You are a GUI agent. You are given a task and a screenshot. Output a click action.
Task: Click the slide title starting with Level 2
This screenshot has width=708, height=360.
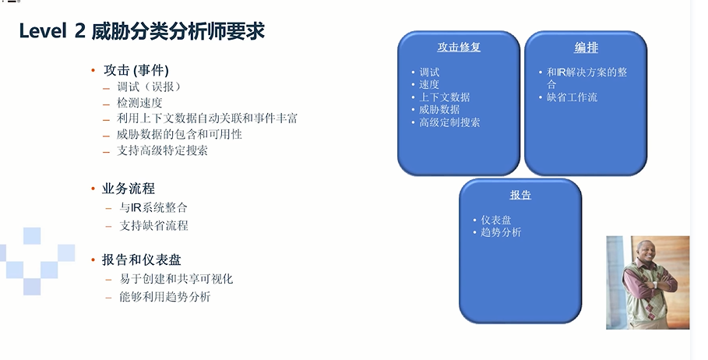click(142, 32)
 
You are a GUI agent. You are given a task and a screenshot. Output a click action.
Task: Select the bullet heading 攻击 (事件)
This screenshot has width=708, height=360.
click(136, 70)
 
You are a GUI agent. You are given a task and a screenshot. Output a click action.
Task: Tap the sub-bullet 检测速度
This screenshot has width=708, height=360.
click(139, 103)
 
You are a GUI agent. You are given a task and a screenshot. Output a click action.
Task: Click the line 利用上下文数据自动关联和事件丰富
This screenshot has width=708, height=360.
click(207, 118)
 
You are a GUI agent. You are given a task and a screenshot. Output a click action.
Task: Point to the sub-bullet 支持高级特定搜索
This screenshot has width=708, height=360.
click(162, 150)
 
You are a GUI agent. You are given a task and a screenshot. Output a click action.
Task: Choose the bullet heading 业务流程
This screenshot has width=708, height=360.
click(129, 189)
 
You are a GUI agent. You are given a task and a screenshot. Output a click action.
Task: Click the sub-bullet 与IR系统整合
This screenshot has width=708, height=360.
click(153, 208)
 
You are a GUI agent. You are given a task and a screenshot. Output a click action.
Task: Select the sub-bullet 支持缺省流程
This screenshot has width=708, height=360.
click(153, 225)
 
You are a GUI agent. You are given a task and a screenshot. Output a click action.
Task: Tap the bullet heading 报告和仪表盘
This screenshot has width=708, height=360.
click(142, 259)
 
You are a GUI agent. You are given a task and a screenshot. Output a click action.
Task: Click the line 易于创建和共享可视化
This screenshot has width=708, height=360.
click(176, 279)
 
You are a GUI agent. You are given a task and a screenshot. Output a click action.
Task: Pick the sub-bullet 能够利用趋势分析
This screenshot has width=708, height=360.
click(165, 297)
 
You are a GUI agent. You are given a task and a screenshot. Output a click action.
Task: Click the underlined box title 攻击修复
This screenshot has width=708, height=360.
click(459, 47)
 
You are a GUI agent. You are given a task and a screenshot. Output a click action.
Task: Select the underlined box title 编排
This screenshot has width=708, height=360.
click(586, 48)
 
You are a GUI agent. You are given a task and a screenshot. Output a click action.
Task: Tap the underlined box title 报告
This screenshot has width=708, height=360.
click(520, 195)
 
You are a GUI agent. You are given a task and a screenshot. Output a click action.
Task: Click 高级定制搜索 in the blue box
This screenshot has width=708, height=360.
click(449, 122)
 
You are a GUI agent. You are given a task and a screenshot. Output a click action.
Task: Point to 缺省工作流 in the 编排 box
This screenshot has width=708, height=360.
click(572, 97)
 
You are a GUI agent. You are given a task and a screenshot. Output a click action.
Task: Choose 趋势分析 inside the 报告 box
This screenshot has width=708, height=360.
click(501, 233)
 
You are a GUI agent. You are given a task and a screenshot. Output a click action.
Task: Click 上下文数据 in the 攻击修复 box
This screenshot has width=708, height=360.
click(445, 97)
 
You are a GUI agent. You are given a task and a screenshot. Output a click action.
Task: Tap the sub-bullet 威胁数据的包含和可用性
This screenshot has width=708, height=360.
click(179, 135)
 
